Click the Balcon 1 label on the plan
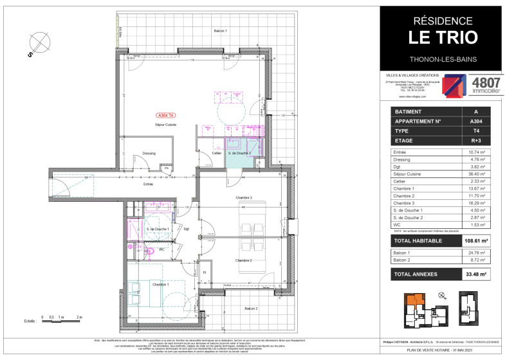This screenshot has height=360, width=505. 221,31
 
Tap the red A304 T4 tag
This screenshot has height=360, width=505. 166,116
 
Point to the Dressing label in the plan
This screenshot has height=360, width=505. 150,154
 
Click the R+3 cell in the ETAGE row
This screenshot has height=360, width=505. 475,138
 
